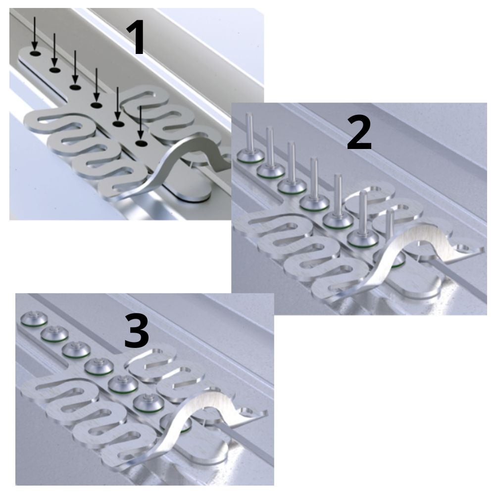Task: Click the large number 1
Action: tap(135, 37)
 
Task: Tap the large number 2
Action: tap(359, 132)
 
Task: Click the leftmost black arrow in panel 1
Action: tap(35, 34)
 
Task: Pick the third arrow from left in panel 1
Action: tap(75, 67)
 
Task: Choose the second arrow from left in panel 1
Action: tap(54, 50)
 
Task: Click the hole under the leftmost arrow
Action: tap(35, 53)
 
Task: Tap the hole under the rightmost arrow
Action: tap(141, 144)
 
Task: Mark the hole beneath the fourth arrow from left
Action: tap(96, 105)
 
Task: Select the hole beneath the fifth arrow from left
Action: tap(118, 124)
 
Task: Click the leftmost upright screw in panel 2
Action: tap(249, 139)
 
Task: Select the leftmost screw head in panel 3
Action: tap(34, 319)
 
